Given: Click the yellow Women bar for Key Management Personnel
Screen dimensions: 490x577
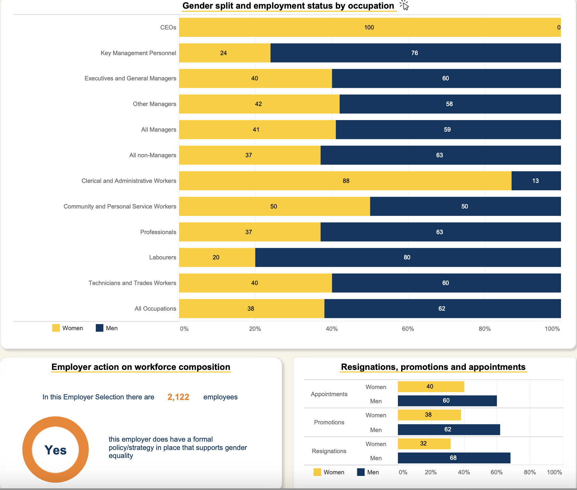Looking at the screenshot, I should pos(225,53).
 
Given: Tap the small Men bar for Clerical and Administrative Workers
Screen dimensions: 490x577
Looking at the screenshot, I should pos(536,181).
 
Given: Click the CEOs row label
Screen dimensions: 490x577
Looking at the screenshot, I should pos(168,28).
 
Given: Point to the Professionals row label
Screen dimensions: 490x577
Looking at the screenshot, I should pos(158,232).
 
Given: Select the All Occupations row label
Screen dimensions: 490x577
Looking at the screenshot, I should pos(155,309).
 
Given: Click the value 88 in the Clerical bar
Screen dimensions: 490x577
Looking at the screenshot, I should pos(346,181).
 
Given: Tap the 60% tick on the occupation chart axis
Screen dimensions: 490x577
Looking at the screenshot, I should pos(408,329).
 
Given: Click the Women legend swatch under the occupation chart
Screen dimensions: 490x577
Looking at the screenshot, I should pos(56,328).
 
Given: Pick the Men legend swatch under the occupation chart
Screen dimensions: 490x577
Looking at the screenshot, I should pos(100,328).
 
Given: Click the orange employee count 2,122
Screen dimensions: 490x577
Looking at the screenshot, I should pos(178,397).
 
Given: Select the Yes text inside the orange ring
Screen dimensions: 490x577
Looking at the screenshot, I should pos(55,450).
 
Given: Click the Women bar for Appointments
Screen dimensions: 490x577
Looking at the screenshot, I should pos(431,387).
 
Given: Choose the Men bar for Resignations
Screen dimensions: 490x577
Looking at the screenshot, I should pos(454,458).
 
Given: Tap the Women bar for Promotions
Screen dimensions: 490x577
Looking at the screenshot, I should pos(429,415).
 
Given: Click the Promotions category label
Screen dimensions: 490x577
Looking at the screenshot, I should pos(329,422).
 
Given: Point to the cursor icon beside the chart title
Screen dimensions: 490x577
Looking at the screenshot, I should pos(405,5).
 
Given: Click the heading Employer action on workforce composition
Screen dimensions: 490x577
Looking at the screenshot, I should pos(141,367).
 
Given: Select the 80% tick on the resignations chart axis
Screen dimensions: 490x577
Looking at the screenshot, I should pos(530,472).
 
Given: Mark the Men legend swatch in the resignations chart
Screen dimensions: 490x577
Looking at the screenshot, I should pos(361,472).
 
